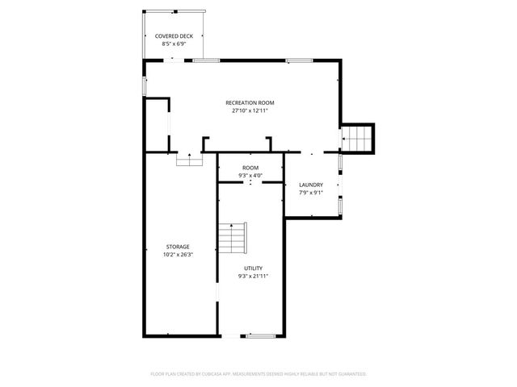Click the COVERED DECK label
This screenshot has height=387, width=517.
coord(173,36)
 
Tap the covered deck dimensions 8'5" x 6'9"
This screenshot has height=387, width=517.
coord(173,44)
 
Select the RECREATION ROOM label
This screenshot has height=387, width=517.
coord(250,102)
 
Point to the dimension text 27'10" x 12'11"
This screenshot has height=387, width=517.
coord(250,110)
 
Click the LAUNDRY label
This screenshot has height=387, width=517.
coord(311,185)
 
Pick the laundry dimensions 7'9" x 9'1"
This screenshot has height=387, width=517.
coord(311,193)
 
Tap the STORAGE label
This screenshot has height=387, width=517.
coord(179,246)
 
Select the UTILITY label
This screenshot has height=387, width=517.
coord(253,268)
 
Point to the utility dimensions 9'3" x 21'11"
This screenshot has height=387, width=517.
coord(253,276)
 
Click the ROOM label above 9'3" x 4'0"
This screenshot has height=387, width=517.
coord(250,168)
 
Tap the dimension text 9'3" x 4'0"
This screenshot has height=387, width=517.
coord(250,176)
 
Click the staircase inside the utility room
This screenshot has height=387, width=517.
coord(232,238)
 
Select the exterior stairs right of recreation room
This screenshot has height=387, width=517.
coord(359,139)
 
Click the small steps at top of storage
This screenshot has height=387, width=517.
coord(189,160)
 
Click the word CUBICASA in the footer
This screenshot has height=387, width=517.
coord(227,374)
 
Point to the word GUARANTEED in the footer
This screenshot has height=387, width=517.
coord(352,374)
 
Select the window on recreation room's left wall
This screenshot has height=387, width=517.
coord(145,86)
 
